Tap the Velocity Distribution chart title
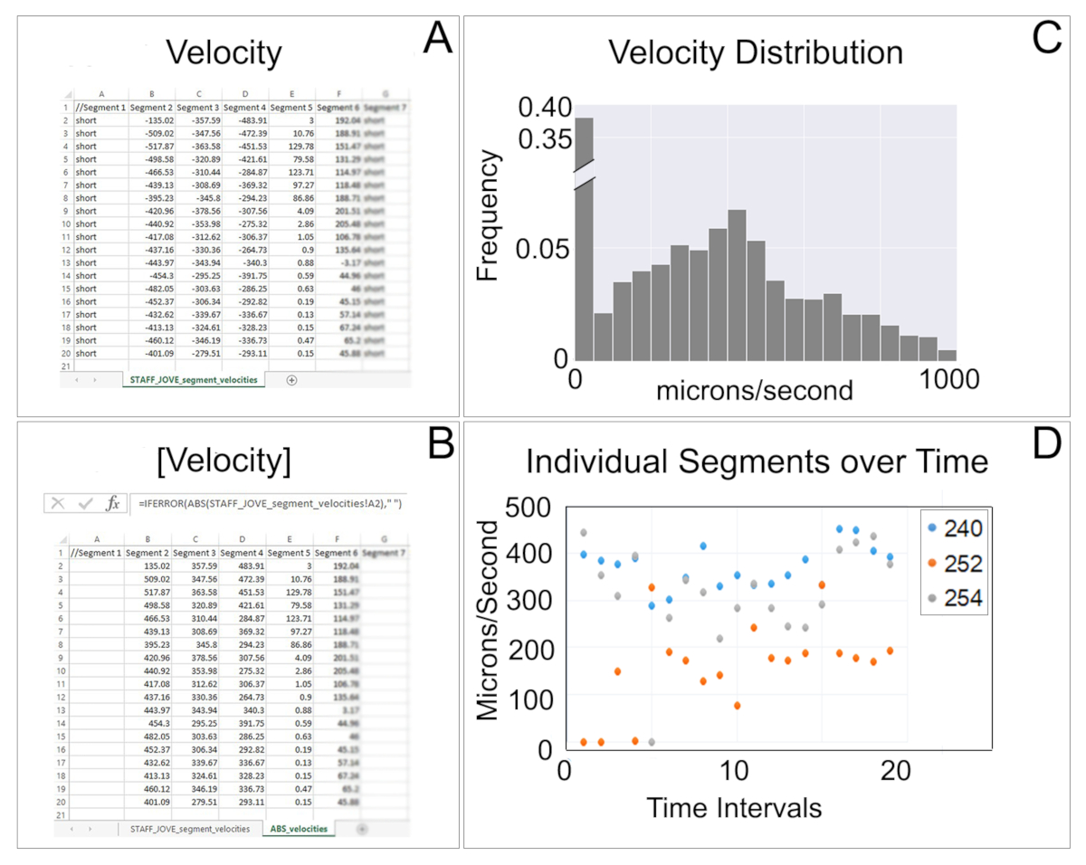click(756, 52)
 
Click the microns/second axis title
click(754, 393)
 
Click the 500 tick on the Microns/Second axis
click(529, 508)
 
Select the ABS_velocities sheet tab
click(299, 828)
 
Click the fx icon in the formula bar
click(112, 503)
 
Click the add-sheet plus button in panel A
click(291, 381)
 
